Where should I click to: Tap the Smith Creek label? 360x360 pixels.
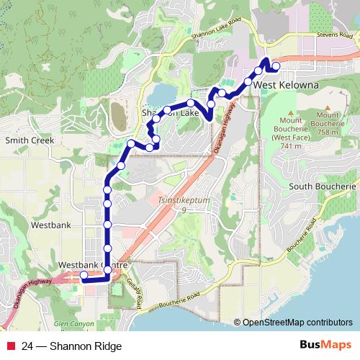point(26,140)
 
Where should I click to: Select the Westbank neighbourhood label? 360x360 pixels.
point(51,225)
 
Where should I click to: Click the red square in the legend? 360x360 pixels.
point(9,346)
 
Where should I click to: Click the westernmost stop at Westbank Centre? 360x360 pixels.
point(84,275)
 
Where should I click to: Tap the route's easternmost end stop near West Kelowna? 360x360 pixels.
point(276,66)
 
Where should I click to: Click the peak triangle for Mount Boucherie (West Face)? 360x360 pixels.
point(292,114)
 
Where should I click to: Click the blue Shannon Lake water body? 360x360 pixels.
point(161,95)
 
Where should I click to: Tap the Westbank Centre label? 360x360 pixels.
point(94,265)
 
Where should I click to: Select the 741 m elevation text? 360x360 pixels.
point(291,145)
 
